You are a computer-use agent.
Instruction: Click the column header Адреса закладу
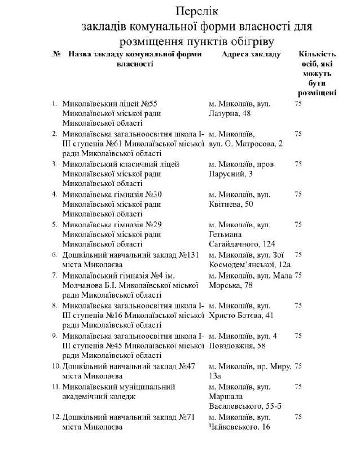(x=251, y=54)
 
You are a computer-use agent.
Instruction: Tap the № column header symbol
(x=56, y=54)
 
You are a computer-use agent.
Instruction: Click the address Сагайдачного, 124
(x=243, y=244)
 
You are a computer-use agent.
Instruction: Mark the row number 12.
(x=56, y=417)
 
